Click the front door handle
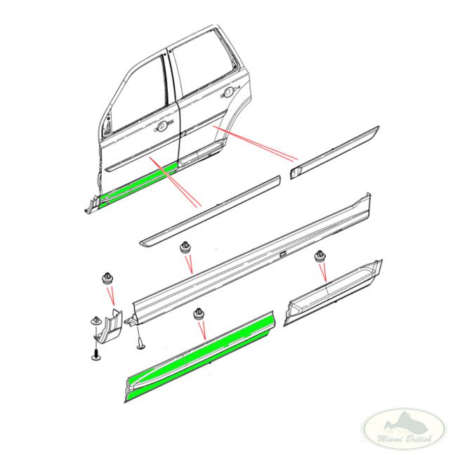point(162,126)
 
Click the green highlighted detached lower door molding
point(200,356)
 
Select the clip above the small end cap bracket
point(107,279)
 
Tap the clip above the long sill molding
point(185,248)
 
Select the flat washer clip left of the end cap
point(95,321)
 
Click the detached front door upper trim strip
point(210,211)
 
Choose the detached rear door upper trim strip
point(334,152)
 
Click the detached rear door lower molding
point(333,292)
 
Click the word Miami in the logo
point(388,438)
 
